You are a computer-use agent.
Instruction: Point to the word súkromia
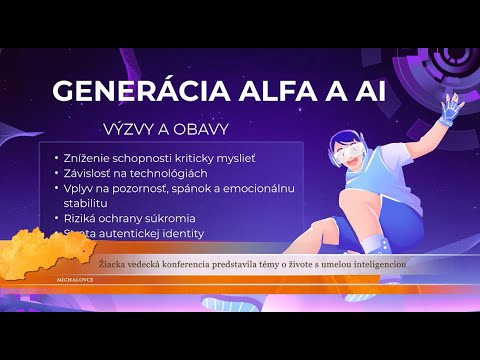click(x=171, y=218)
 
